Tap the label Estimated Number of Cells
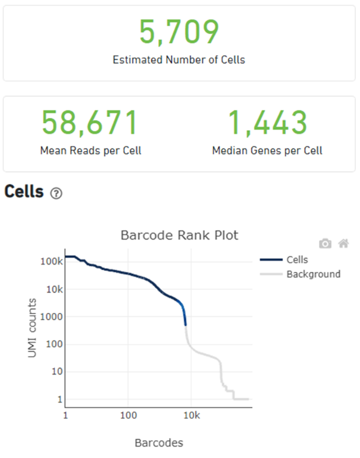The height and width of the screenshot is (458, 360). pyautogui.click(x=179, y=59)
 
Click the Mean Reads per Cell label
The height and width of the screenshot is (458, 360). pyautogui.click(x=90, y=150)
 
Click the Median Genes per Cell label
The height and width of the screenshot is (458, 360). pyautogui.click(x=267, y=150)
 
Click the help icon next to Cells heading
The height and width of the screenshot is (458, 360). pyautogui.click(x=57, y=193)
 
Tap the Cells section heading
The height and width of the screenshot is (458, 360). pyautogui.click(x=24, y=192)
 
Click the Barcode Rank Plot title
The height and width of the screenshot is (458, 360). pyautogui.click(x=179, y=235)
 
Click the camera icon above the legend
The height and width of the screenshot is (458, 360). pyautogui.click(x=325, y=243)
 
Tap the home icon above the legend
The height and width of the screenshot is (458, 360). pyautogui.click(x=343, y=243)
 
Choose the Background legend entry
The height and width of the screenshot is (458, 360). pyautogui.click(x=313, y=274)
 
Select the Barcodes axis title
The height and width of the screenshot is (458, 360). pyautogui.click(x=159, y=443)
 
